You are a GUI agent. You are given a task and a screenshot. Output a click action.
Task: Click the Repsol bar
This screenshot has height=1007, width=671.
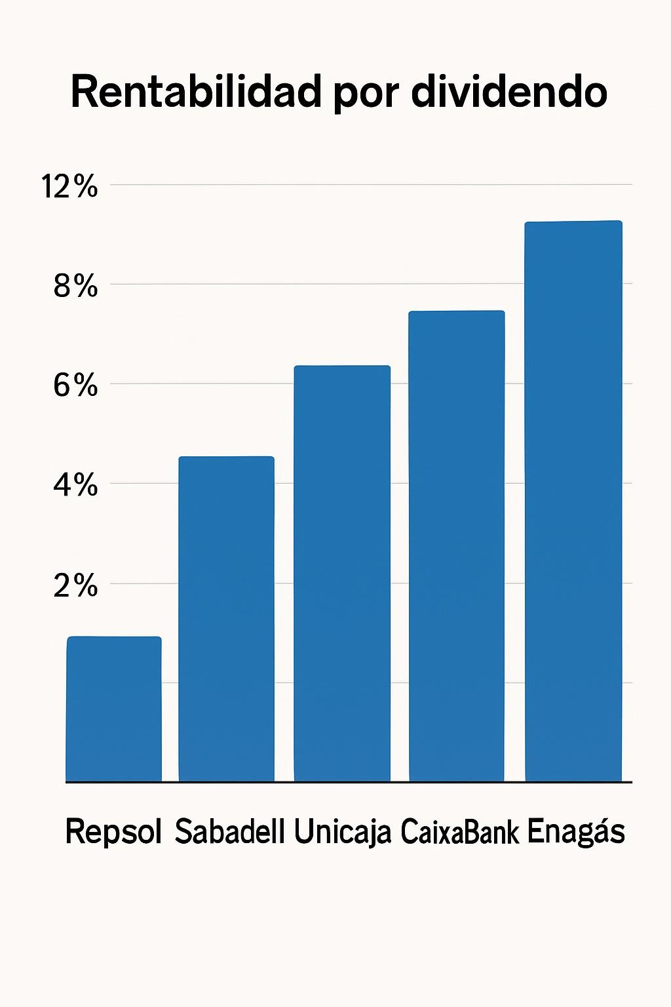(114, 709)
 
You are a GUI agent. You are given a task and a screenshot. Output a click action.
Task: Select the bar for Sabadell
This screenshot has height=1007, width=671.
(227, 619)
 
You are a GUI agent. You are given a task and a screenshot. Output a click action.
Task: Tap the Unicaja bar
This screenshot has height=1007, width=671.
(342, 574)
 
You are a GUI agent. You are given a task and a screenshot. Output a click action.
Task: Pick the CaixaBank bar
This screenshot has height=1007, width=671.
(457, 546)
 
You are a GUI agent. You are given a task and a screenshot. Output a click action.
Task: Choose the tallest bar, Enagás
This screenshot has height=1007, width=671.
(573, 502)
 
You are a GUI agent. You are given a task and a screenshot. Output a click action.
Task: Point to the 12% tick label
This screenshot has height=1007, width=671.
(69, 187)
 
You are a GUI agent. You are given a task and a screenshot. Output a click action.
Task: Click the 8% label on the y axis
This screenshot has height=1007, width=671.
(75, 286)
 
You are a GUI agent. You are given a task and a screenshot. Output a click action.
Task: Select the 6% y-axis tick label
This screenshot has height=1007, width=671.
(75, 385)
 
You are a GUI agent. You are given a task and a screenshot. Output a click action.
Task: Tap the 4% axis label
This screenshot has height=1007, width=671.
(75, 485)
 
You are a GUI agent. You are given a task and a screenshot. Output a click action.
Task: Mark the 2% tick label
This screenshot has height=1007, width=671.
(75, 585)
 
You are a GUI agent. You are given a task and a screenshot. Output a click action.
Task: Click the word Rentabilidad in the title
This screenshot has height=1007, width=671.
(196, 92)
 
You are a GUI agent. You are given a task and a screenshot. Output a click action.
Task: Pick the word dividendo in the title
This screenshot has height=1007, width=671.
(509, 92)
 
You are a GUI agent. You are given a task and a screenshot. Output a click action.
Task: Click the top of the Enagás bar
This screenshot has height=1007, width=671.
(573, 223)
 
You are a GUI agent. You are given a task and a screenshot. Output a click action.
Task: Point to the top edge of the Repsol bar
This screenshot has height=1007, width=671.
(114, 638)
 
